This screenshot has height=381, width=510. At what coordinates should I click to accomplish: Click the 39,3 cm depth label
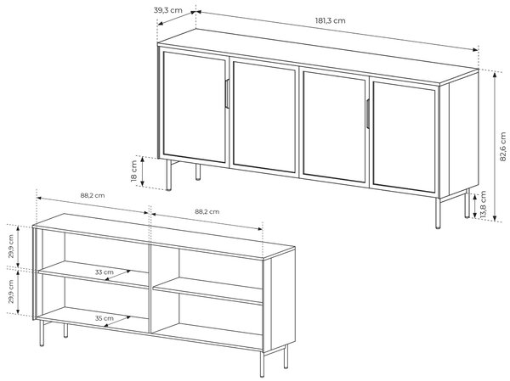click(x=167, y=10)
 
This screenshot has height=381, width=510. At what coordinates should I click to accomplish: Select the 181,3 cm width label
click(x=330, y=20)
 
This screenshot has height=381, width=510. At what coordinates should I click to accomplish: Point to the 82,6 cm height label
click(x=503, y=147)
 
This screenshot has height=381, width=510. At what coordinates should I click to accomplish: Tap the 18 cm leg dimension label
click(x=134, y=171)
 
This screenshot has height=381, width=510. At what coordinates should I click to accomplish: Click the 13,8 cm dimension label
click(x=483, y=205)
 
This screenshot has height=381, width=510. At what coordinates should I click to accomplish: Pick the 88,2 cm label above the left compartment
click(x=93, y=195)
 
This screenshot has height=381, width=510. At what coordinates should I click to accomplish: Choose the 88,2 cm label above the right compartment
click(x=207, y=211)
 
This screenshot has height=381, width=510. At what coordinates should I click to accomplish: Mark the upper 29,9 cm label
click(x=11, y=246)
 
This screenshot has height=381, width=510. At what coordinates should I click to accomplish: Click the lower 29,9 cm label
click(x=11, y=292)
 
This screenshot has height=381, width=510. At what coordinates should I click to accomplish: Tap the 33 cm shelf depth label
click(x=104, y=272)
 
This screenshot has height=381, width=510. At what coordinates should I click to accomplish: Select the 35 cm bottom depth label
click(x=104, y=318)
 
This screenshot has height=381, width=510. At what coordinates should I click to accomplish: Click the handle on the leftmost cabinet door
click(x=227, y=93)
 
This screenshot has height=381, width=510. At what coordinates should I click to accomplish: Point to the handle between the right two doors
click(x=367, y=114)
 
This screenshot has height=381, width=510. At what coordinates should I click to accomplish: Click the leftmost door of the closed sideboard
click(x=194, y=107)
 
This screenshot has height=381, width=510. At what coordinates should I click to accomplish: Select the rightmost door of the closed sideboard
click(x=405, y=137)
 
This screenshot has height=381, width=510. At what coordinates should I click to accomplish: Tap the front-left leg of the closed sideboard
click(x=169, y=175)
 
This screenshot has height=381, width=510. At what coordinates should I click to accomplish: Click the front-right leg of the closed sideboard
click(x=438, y=213)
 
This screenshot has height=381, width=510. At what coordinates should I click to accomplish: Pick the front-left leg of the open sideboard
click(x=42, y=333)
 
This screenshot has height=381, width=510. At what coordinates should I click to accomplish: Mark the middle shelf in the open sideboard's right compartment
click(x=208, y=291)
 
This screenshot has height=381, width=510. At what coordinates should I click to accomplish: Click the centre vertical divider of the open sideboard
click(x=150, y=289)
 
